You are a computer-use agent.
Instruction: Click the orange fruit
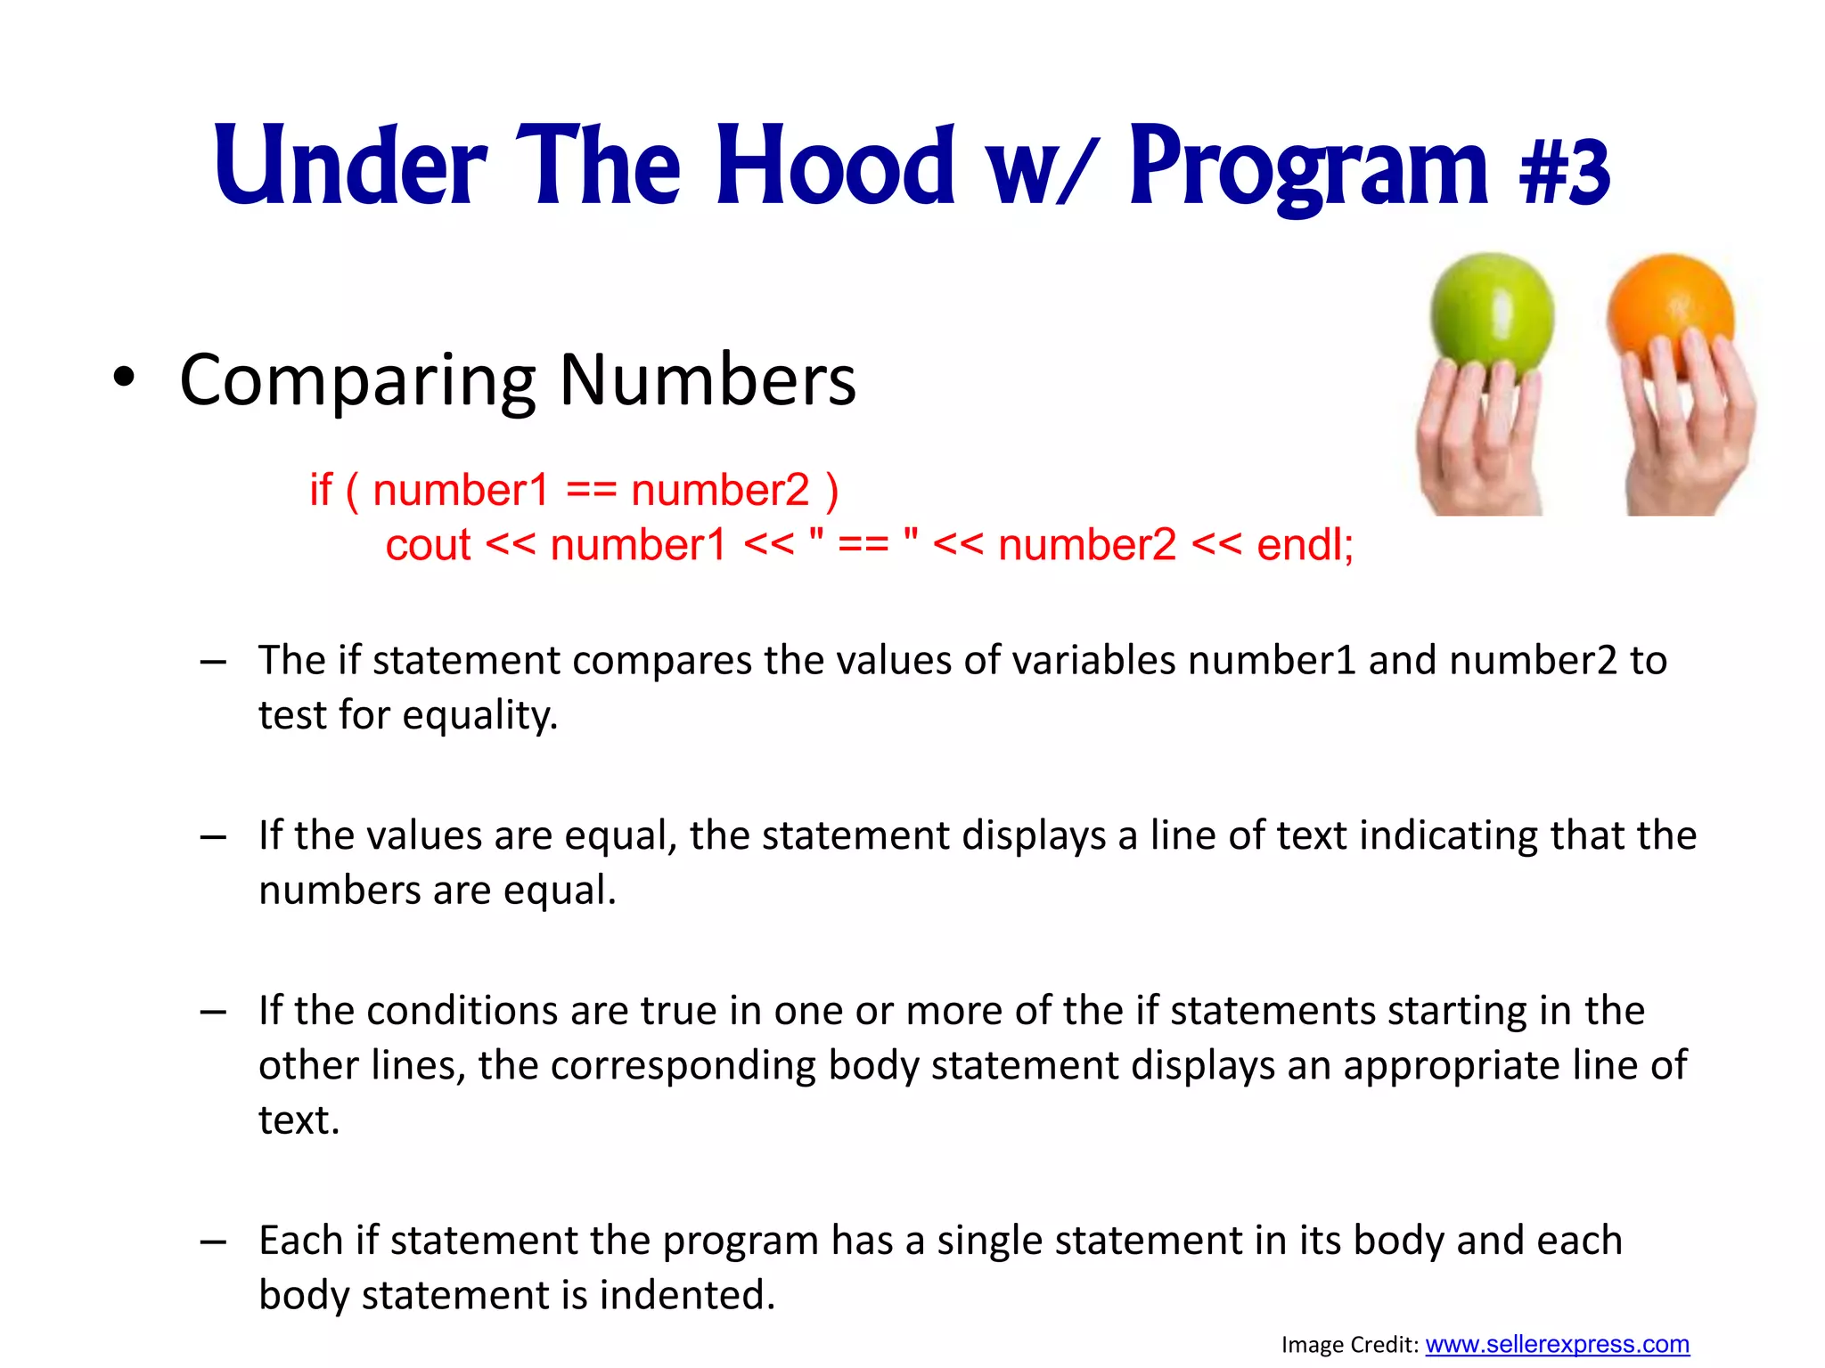click(1670, 312)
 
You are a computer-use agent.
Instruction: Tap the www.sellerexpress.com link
click(1557, 1344)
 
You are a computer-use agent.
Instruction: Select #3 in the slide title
click(1565, 169)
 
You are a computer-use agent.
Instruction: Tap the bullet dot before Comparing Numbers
click(124, 379)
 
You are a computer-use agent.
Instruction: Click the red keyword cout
click(428, 545)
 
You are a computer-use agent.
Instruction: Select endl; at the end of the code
click(1305, 545)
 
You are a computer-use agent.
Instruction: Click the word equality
click(480, 715)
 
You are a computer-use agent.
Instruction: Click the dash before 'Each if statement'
click(213, 1241)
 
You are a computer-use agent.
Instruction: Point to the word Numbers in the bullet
click(708, 381)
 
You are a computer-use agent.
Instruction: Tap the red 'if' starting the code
click(321, 491)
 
